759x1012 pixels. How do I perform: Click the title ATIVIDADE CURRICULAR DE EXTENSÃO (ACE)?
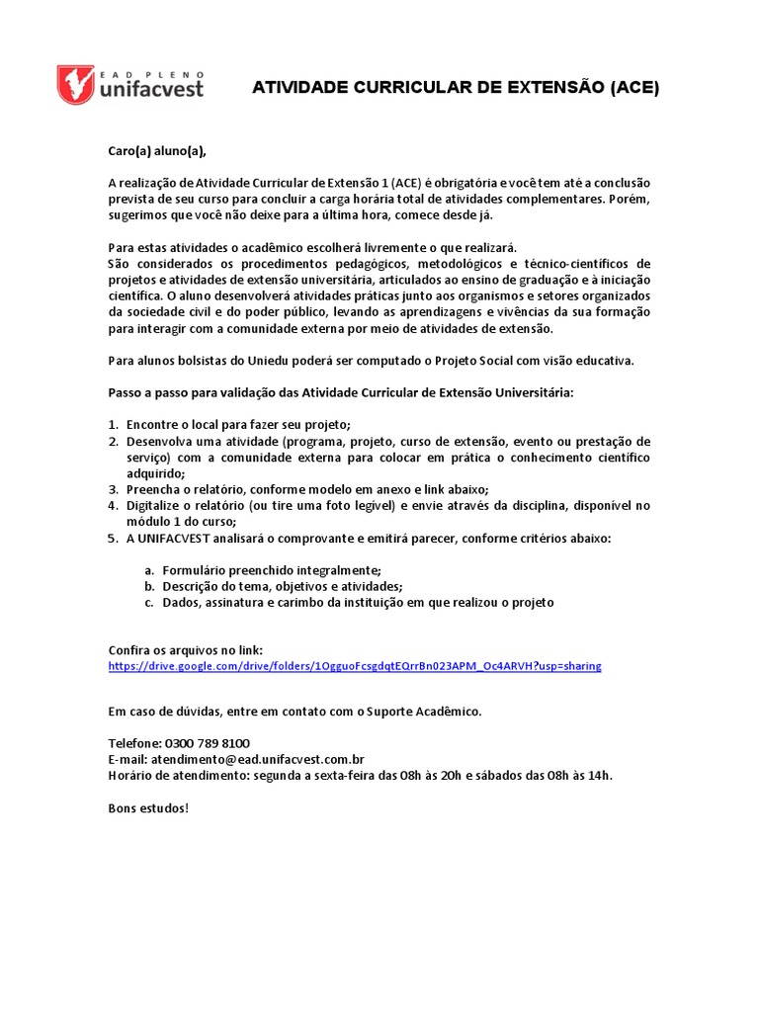456,88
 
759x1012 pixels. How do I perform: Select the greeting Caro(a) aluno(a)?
158,151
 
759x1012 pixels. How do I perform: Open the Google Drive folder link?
354,666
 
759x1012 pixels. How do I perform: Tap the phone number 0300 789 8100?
208,742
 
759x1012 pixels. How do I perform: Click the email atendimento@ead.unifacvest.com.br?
258,759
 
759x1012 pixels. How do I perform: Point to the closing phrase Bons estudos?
147,807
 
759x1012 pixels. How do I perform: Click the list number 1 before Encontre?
113,425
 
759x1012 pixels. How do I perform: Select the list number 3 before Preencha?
113,489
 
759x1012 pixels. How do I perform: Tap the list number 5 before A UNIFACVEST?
113,539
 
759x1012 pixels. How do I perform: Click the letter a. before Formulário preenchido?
149,570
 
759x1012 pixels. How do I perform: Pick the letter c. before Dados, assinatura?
149,602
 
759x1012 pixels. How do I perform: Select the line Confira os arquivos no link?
185,650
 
